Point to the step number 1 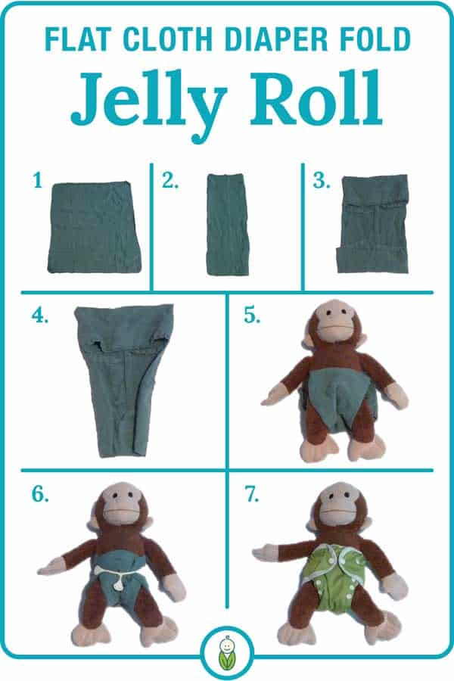click(36, 181)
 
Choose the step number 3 click(321, 181)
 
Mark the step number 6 click(40, 496)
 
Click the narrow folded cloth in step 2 click(227, 225)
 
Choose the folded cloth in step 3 click(373, 224)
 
